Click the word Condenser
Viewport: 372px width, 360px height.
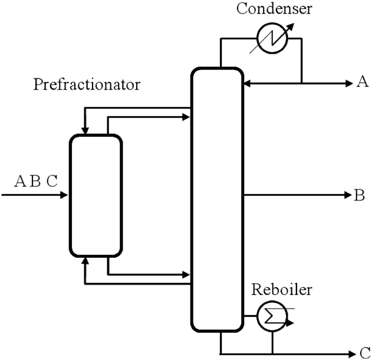(x=274, y=8)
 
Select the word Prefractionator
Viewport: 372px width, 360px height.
(x=87, y=84)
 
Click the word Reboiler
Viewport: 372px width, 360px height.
(x=282, y=289)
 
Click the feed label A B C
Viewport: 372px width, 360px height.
(x=36, y=181)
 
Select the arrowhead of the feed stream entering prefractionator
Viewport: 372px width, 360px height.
(x=64, y=195)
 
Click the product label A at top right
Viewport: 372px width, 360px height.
(x=363, y=82)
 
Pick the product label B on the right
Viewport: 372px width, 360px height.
(x=359, y=195)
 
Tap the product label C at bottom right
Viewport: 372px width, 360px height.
(x=365, y=353)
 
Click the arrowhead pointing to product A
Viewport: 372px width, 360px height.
(x=349, y=84)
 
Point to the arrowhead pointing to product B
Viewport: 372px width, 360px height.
(x=348, y=195)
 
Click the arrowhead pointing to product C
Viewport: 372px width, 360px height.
(x=352, y=354)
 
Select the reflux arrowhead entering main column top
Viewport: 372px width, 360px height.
(x=248, y=84)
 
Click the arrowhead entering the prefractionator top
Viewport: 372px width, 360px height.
(x=85, y=131)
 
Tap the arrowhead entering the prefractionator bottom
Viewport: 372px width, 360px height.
(x=85, y=261)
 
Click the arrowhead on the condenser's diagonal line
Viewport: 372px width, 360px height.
(x=291, y=27)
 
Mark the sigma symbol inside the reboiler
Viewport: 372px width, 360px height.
(x=271, y=316)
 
